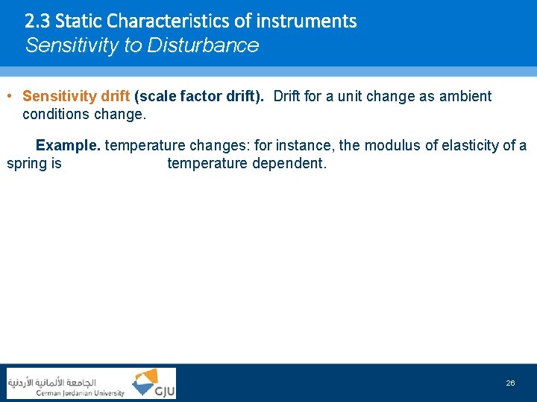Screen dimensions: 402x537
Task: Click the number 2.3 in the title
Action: [37, 21]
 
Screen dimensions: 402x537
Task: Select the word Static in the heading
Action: [78, 21]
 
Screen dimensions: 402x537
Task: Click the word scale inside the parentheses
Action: [159, 97]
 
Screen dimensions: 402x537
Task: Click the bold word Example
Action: [68, 145]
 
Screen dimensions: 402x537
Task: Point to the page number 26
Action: [510, 383]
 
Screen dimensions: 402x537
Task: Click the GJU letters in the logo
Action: [163, 390]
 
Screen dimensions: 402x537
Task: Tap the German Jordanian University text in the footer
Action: [81, 393]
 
